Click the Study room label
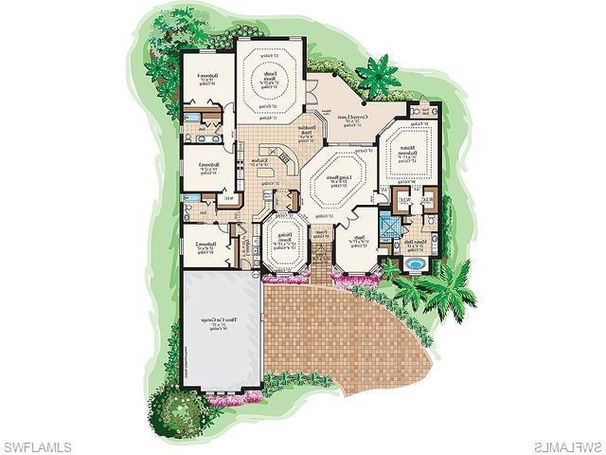tap(360, 244)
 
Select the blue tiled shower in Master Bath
tap(386, 227)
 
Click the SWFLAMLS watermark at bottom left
tap(37, 445)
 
